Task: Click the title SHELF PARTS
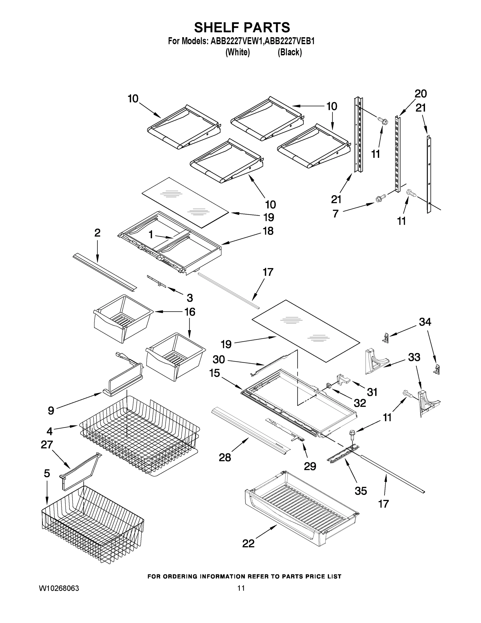coord(242,28)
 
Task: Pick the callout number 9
coord(51,411)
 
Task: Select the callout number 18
coord(268,231)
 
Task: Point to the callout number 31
coord(372,392)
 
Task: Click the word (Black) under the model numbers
coord(290,52)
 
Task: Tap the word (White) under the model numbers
coord(238,52)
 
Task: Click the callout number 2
coord(97,233)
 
